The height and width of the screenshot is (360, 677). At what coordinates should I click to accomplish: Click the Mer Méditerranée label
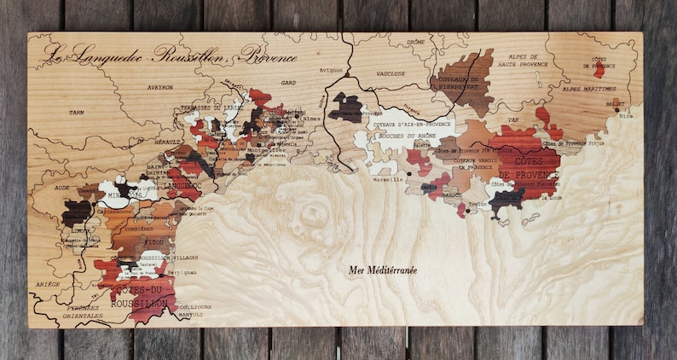pos(383,270)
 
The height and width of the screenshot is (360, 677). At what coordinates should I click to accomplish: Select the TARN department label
pos(77,112)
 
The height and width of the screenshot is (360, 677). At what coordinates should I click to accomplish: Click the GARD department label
pos(287,83)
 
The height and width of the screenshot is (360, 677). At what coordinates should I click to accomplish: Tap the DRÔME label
pos(416,41)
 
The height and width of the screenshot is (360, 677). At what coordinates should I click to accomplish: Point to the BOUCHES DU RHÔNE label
pos(394,136)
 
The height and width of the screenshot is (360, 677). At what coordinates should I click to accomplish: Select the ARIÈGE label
pos(48,283)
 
